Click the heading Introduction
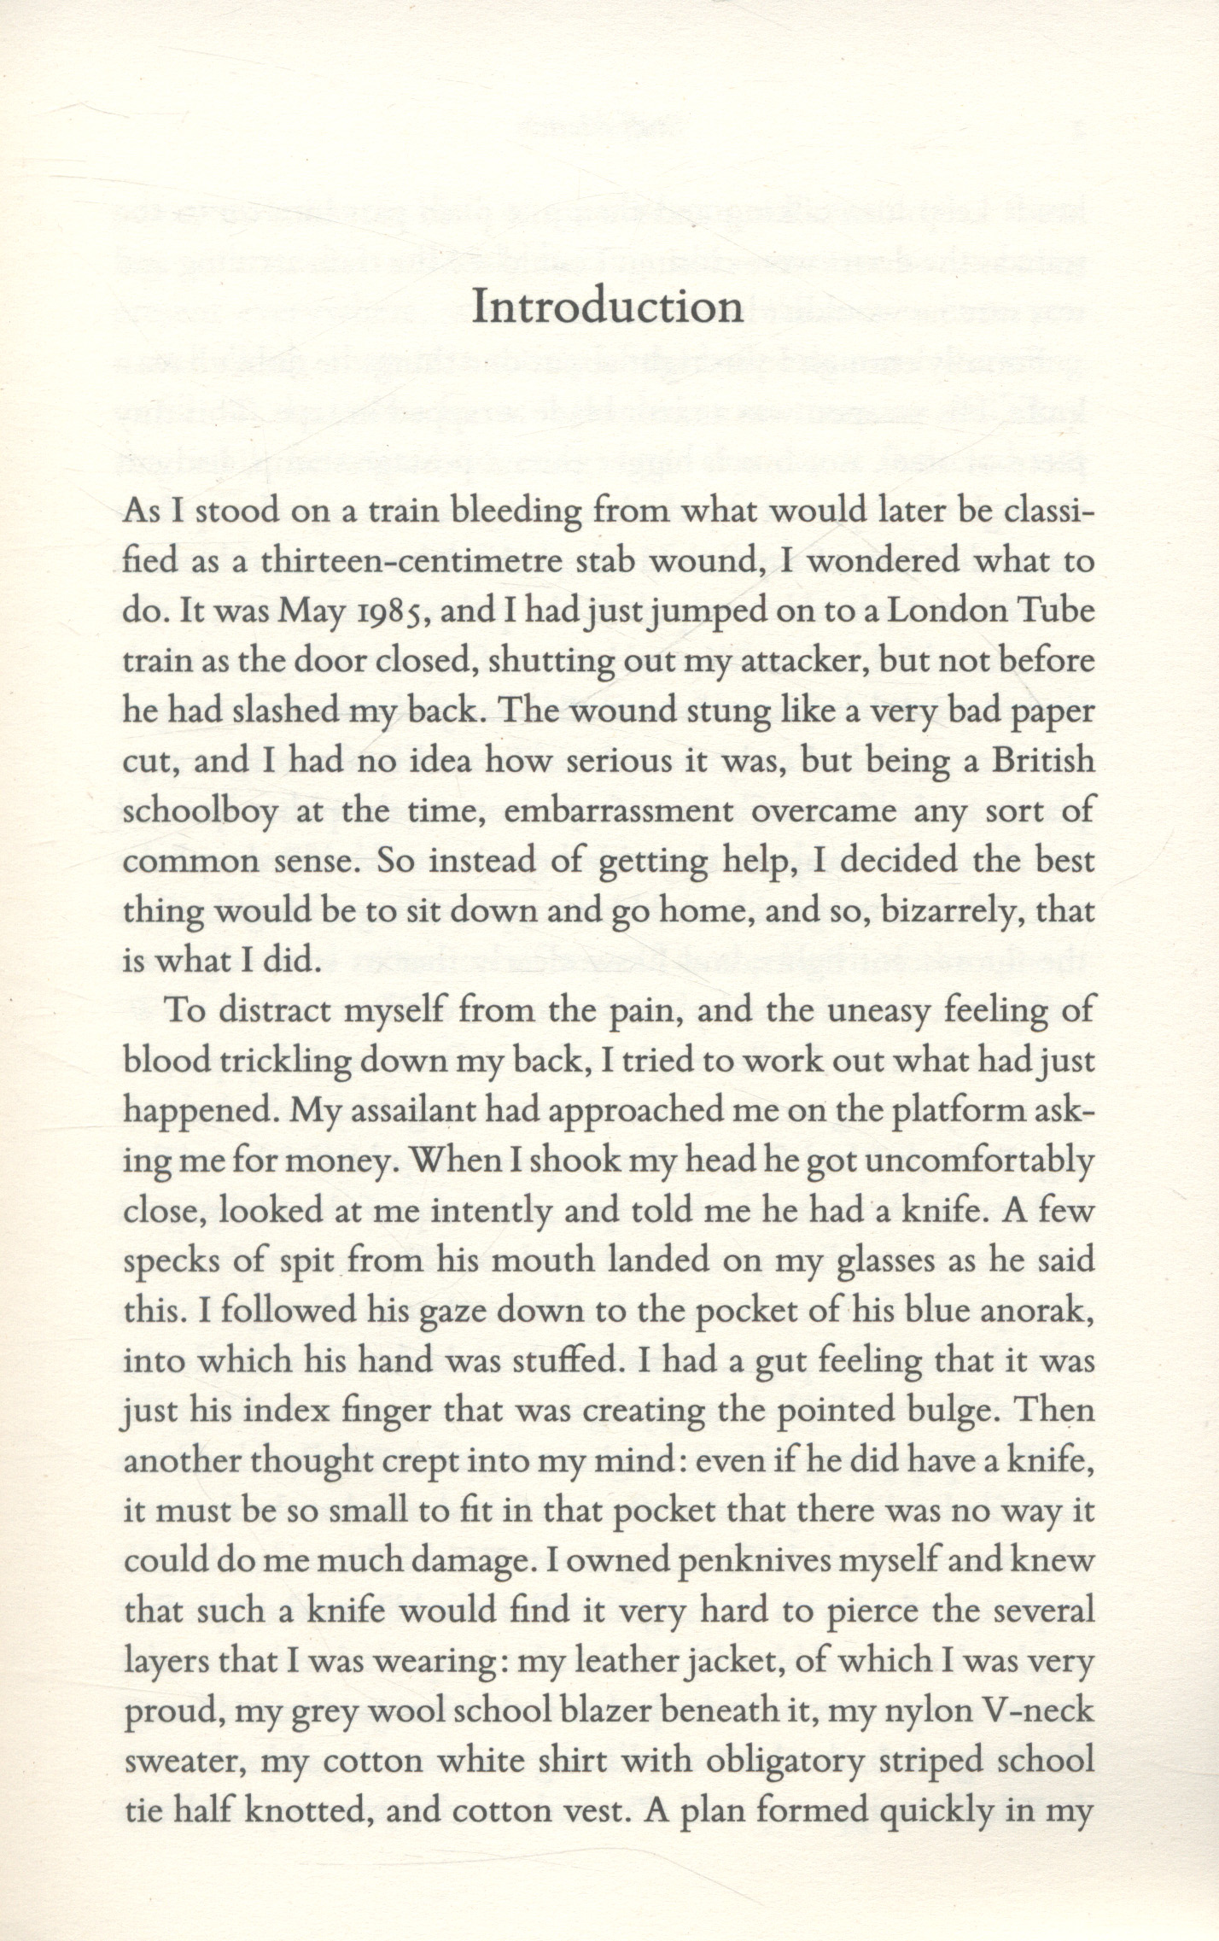608,307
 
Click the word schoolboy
201,811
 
